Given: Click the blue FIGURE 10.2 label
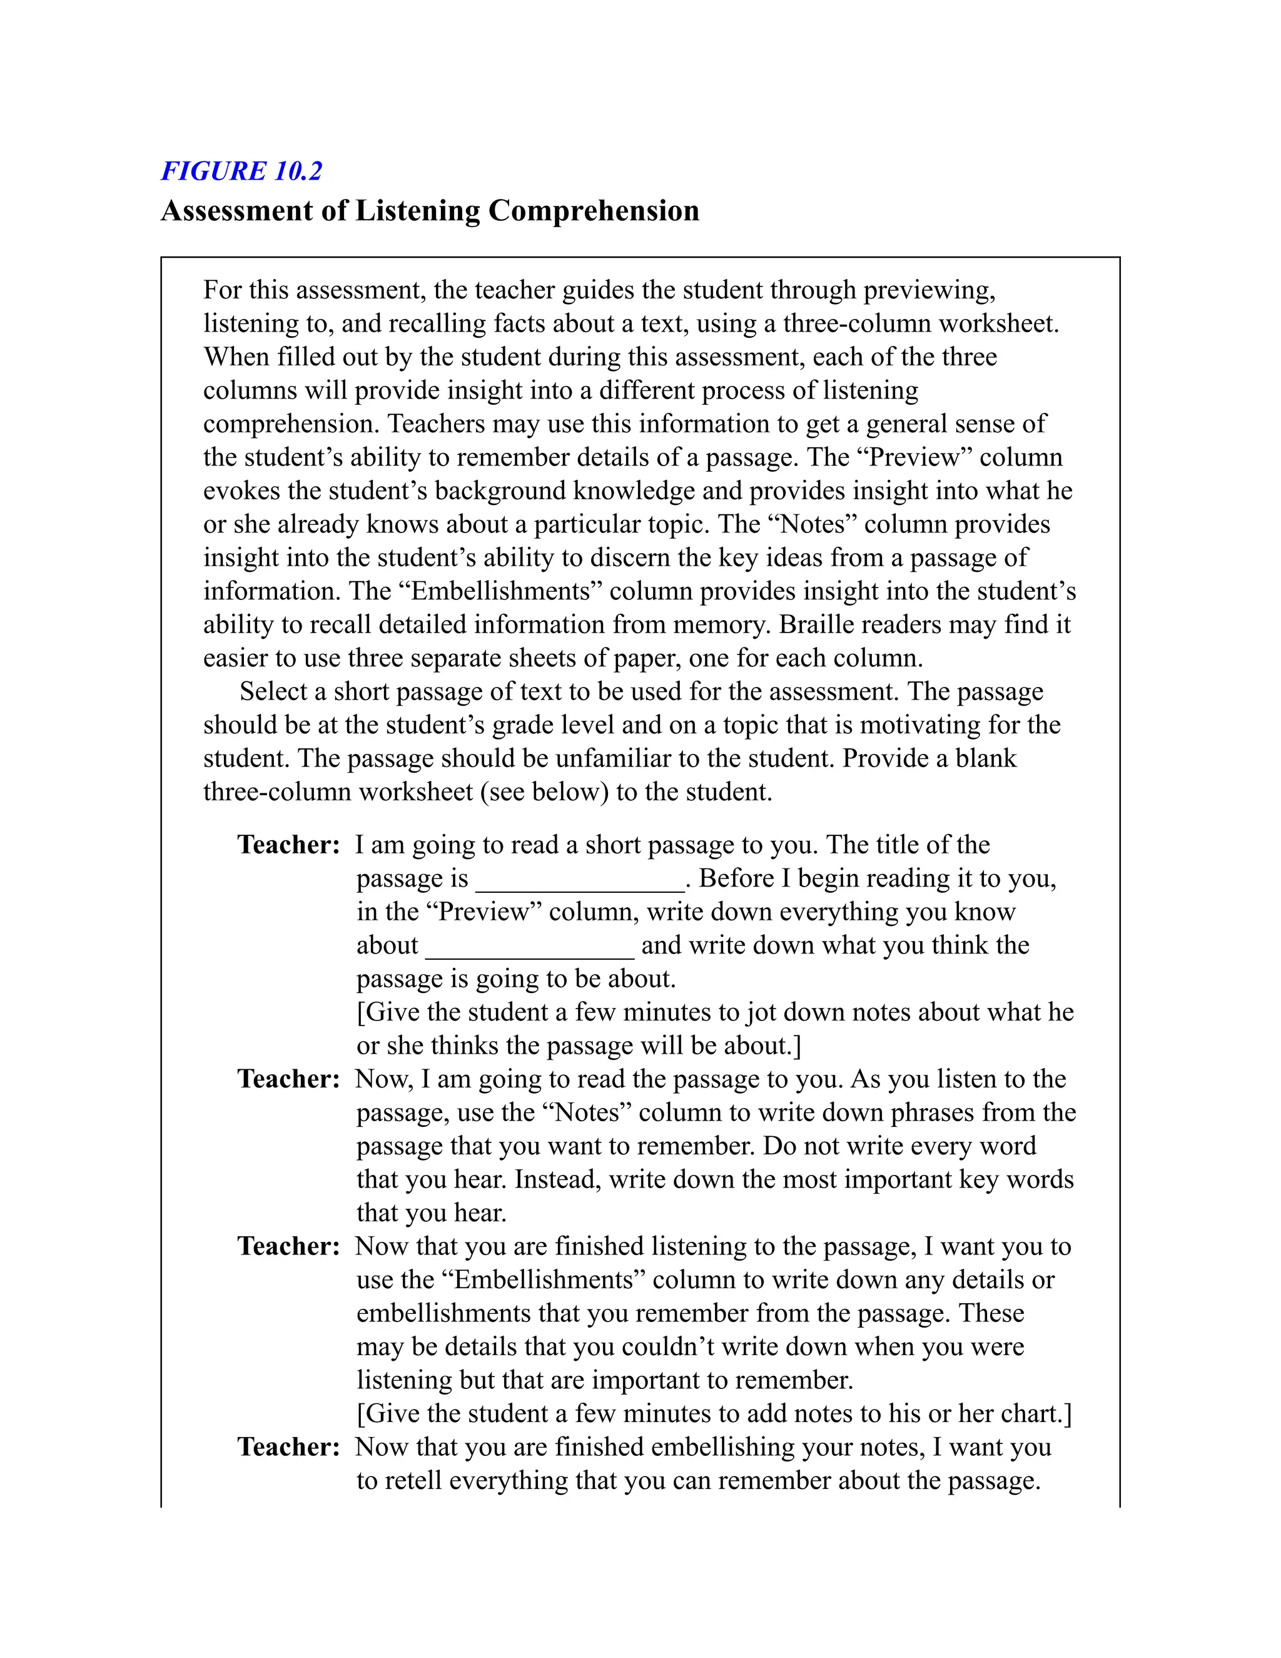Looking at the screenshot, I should click(x=241, y=171).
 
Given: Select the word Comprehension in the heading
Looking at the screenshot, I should click(x=594, y=210).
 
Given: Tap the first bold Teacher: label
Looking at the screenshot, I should click(x=288, y=844).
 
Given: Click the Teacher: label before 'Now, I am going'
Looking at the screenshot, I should click(x=288, y=1078).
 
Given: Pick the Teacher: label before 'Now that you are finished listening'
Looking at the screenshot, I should click(x=288, y=1246).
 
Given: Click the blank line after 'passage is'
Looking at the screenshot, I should click(x=580, y=881).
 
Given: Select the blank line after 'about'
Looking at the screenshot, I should click(x=530, y=947).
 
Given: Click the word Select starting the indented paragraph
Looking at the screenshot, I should click(x=273, y=691).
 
